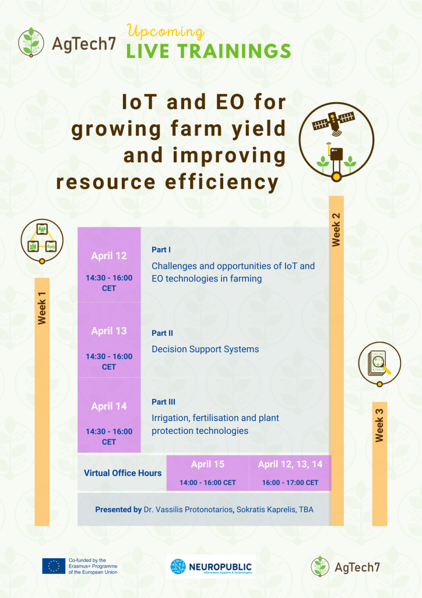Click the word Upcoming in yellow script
[x=166, y=32]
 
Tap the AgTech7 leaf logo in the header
[x=31, y=42]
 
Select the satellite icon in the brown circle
[x=333, y=123]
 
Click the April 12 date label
[x=109, y=256]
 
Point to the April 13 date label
[x=109, y=331]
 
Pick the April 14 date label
[x=109, y=406]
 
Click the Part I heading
[x=161, y=250]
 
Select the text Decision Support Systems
[x=205, y=349]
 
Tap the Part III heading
[x=163, y=402]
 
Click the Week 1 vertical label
[x=42, y=308]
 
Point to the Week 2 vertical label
[x=336, y=230]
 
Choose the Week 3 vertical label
[x=379, y=425]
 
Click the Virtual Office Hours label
[x=122, y=473]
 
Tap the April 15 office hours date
[x=208, y=464]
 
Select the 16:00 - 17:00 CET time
[x=290, y=482]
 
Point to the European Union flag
[x=54, y=566]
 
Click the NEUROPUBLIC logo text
[x=220, y=566]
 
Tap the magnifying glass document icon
[x=379, y=363]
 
